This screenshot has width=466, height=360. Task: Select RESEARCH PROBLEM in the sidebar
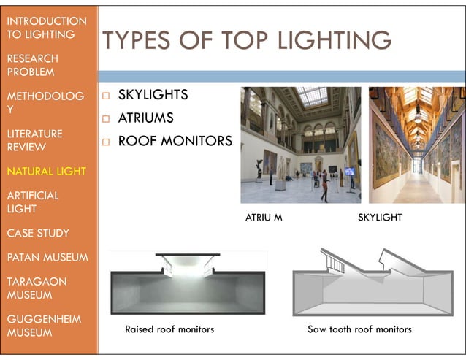[x=33, y=65]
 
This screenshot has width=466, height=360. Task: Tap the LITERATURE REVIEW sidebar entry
[x=34, y=140]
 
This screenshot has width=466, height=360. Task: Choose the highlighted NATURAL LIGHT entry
[x=46, y=172]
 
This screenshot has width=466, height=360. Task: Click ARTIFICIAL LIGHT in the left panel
[x=33, y=202]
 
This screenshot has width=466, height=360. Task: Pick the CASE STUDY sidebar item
[x=38, y=234]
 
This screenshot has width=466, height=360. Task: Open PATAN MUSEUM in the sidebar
[x=47, y=258]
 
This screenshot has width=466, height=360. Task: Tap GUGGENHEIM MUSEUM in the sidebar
[x=43, y=326]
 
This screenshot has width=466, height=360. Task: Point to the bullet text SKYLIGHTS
[x=153, y=96]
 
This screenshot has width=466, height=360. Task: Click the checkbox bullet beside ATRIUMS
[x=106, y=118]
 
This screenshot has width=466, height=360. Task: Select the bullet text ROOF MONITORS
[x=175, y=140]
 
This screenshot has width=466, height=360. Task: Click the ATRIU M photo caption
[x=263, y=218]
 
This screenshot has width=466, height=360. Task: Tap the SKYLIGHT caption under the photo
[x=380, y=218]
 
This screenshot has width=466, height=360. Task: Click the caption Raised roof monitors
[x=169, y=329]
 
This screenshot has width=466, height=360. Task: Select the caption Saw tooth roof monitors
[x=359, y=329]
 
